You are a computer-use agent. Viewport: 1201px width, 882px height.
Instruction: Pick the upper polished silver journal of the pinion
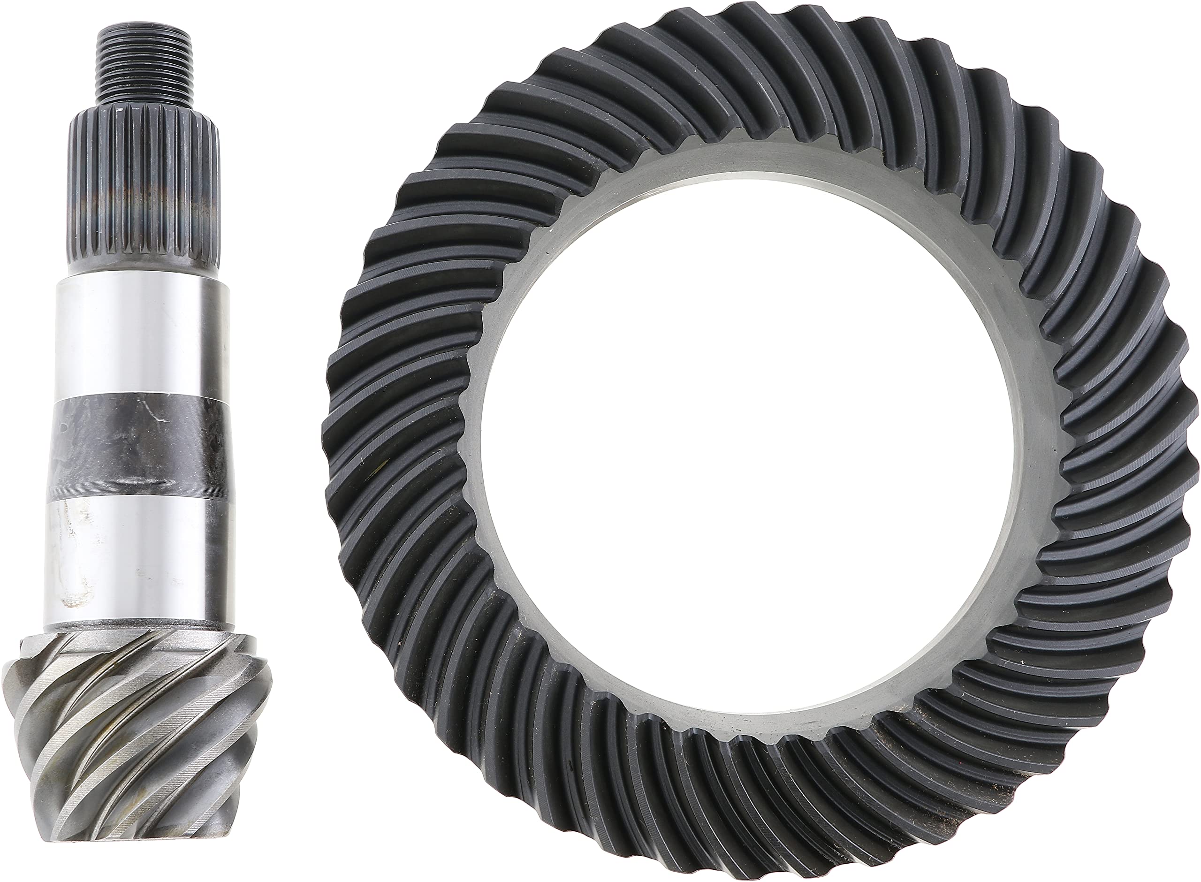pos(142,336)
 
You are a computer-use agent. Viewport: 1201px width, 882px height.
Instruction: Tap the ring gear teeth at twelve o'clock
pos(747,69)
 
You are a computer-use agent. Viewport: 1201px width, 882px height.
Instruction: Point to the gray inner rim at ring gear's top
pos(742,160)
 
